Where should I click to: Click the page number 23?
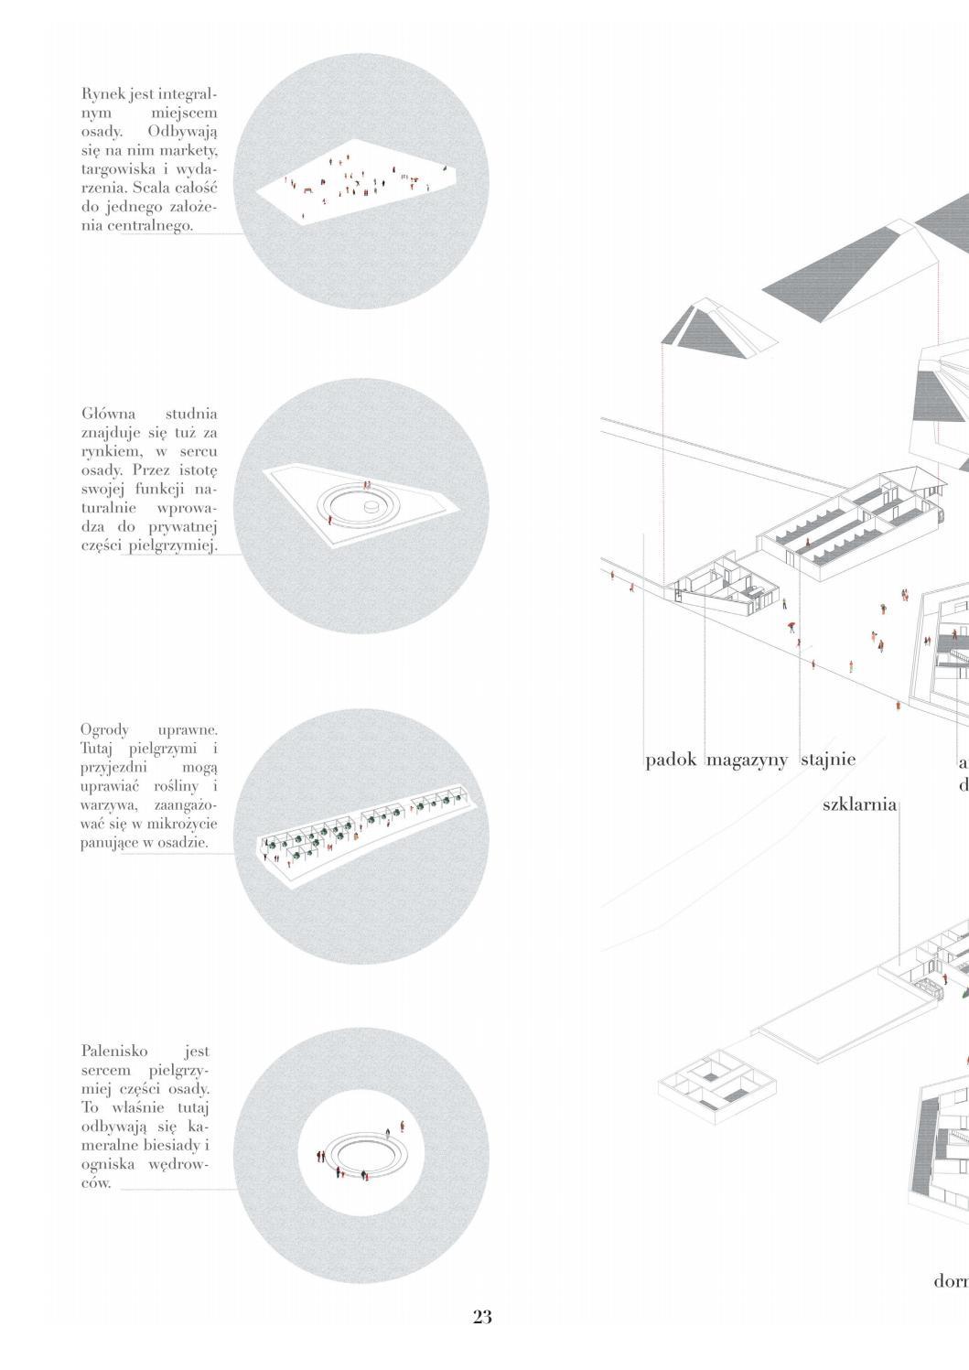point(482,1317)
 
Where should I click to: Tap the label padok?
point(671,760)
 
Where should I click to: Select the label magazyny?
point(747,761)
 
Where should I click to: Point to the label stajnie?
point(828,760)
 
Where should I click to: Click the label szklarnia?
point(859,805)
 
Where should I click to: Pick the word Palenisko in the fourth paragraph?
point(113,1052)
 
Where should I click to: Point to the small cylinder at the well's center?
point(371,506)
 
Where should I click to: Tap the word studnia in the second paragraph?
point(191,415)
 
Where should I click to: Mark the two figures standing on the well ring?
point(368,486)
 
